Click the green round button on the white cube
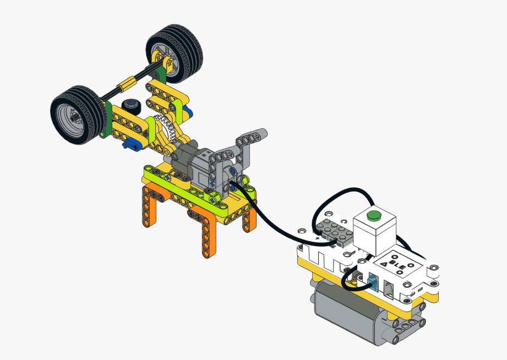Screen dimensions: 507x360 373,215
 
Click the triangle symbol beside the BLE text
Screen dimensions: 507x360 384,264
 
